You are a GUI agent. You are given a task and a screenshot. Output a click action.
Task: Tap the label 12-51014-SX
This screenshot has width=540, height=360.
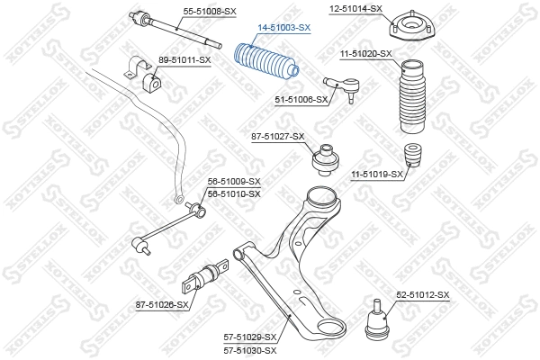pos(355,8)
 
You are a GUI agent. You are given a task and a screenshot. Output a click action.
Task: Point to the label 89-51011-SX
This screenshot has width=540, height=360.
pos(184,59)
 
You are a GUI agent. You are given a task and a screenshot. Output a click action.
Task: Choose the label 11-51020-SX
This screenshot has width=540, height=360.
pos(366,54)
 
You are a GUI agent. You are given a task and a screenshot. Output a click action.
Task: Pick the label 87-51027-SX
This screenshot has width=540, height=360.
pos(278,137)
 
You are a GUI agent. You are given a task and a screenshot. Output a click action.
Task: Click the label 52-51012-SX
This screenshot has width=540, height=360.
pos(422,294)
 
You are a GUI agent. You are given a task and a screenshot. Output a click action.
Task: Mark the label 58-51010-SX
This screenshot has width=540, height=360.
pos(234,193)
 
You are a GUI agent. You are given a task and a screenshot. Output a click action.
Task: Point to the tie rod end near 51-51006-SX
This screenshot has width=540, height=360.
pos(349,87)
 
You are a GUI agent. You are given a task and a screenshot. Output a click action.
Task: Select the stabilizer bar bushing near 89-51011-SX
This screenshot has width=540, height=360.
pos(151,79)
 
